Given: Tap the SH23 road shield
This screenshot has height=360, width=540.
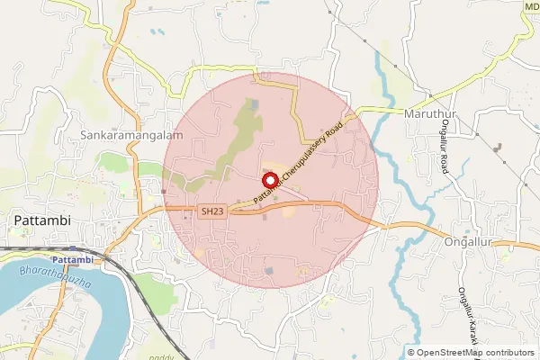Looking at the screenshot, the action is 210,211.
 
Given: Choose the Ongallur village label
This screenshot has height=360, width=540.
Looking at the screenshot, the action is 472,242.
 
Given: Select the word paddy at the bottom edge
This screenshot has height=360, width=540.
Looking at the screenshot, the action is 161,346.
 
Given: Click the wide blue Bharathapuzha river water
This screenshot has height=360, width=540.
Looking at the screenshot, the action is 27,297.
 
